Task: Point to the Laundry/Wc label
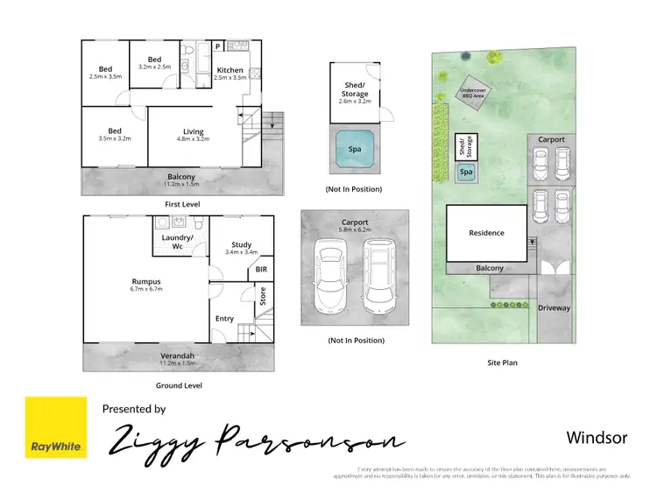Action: point(178,242)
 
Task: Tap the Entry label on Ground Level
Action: point(224,318)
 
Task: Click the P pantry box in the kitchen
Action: point(217,47)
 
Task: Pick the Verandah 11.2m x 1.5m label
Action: point(178,358)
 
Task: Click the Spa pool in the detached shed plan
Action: point(356,150)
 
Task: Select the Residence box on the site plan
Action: point(486,233)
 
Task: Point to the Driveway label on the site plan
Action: point(554,308)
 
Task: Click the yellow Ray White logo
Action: point(56,427)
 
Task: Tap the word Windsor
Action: point(597,437)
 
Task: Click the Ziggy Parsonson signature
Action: point(254,440)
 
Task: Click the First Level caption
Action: point(182,203)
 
